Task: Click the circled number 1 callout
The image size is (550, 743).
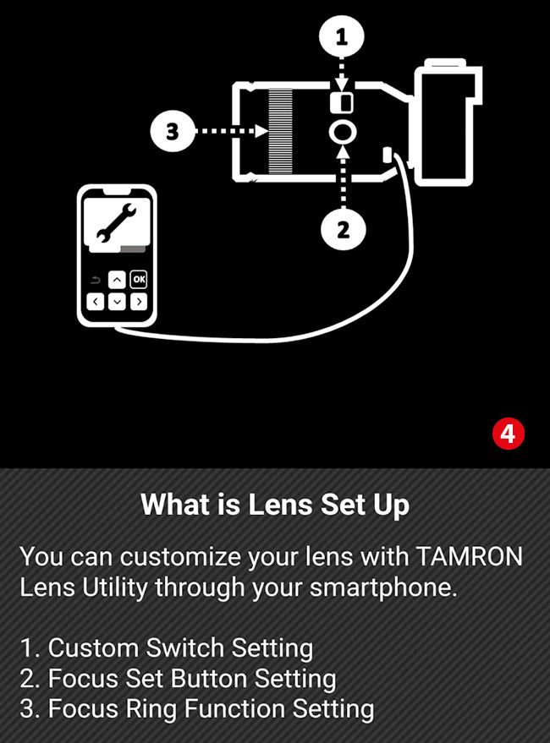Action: pos(342,37)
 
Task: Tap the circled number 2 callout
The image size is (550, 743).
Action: pos(343,230)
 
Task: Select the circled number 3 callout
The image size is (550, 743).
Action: pos(173,131)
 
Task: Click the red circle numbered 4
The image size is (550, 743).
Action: pos(509,433)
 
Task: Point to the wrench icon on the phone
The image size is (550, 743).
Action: pos(116,221)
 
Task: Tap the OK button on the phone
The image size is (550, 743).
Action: pos(139,279)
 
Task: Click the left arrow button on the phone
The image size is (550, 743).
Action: pos(96,302)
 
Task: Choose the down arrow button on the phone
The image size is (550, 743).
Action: pos(118,302)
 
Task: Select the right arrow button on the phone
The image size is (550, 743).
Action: pos(139,302)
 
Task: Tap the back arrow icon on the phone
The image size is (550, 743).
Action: pos(95,280)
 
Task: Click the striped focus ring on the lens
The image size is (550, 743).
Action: pos(280,131)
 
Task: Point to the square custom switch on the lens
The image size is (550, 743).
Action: pos(342,102)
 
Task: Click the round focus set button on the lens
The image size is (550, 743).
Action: pos(343,132)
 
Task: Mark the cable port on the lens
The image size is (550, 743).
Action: pos(388,154)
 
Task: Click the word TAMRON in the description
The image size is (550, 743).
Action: pos(470,556)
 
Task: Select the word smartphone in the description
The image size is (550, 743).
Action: pos(383,587)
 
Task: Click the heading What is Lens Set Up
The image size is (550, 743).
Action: pos(275,504)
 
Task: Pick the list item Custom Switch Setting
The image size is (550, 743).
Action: pos(167,647)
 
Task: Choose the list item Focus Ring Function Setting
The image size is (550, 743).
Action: pos(197,709)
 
